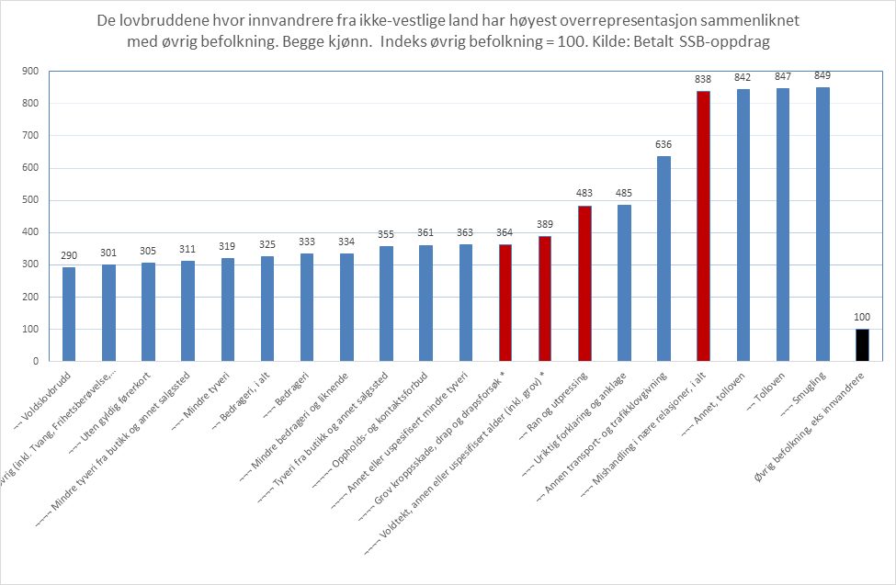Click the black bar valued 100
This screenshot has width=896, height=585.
(862, 345)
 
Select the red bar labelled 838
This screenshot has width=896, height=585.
(703, 226)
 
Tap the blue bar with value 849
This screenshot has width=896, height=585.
(822, 224)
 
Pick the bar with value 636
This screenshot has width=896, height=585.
(663, 259)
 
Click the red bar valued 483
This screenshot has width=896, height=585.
(584, 284)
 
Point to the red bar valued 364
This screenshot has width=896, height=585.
(505, 303)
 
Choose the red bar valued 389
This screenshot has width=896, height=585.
(545, 298)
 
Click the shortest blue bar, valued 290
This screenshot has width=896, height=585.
(69, 314)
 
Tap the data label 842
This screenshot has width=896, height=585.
(743, 79)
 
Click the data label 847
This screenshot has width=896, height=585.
(783, 77)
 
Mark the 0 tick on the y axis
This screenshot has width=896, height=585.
(34, 362)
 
